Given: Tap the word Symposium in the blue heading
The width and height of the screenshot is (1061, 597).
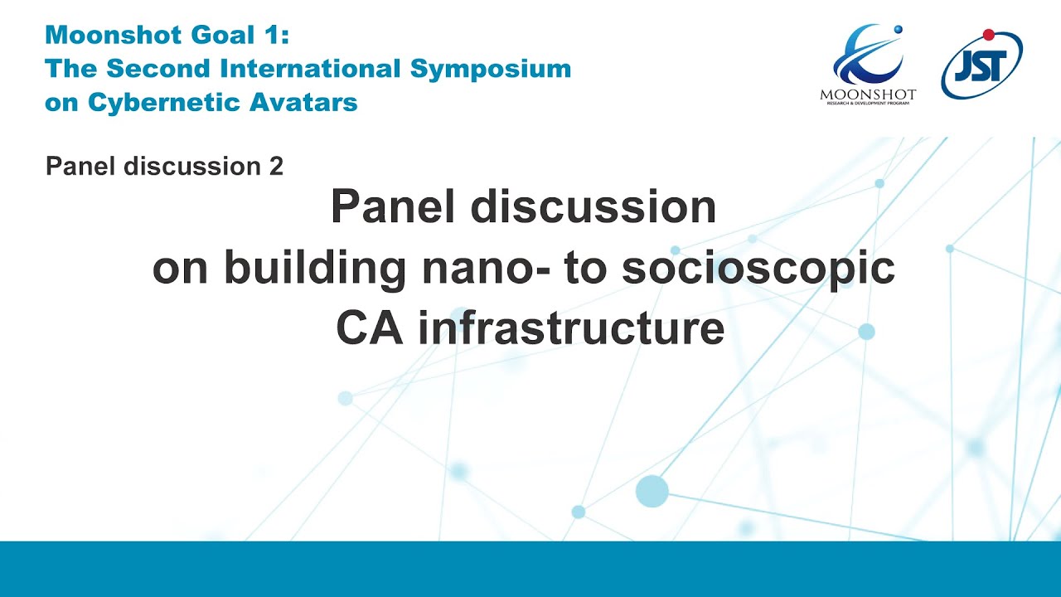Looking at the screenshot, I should (x=491, y=68).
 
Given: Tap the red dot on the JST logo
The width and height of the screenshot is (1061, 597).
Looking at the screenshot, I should (x=988, y=35).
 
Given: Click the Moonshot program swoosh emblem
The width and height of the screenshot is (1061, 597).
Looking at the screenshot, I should (x=865, y=55).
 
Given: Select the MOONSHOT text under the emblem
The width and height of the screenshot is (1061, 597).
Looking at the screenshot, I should (x=868, y=95).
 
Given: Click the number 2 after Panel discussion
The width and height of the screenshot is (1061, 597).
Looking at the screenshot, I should (x=277, y=167).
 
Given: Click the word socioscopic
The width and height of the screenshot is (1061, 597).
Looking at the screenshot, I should (x=758, y=269).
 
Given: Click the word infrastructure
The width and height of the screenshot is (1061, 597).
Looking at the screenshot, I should (x=571, y=328).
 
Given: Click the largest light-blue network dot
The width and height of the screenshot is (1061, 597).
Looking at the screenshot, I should (x=652, y=492).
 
